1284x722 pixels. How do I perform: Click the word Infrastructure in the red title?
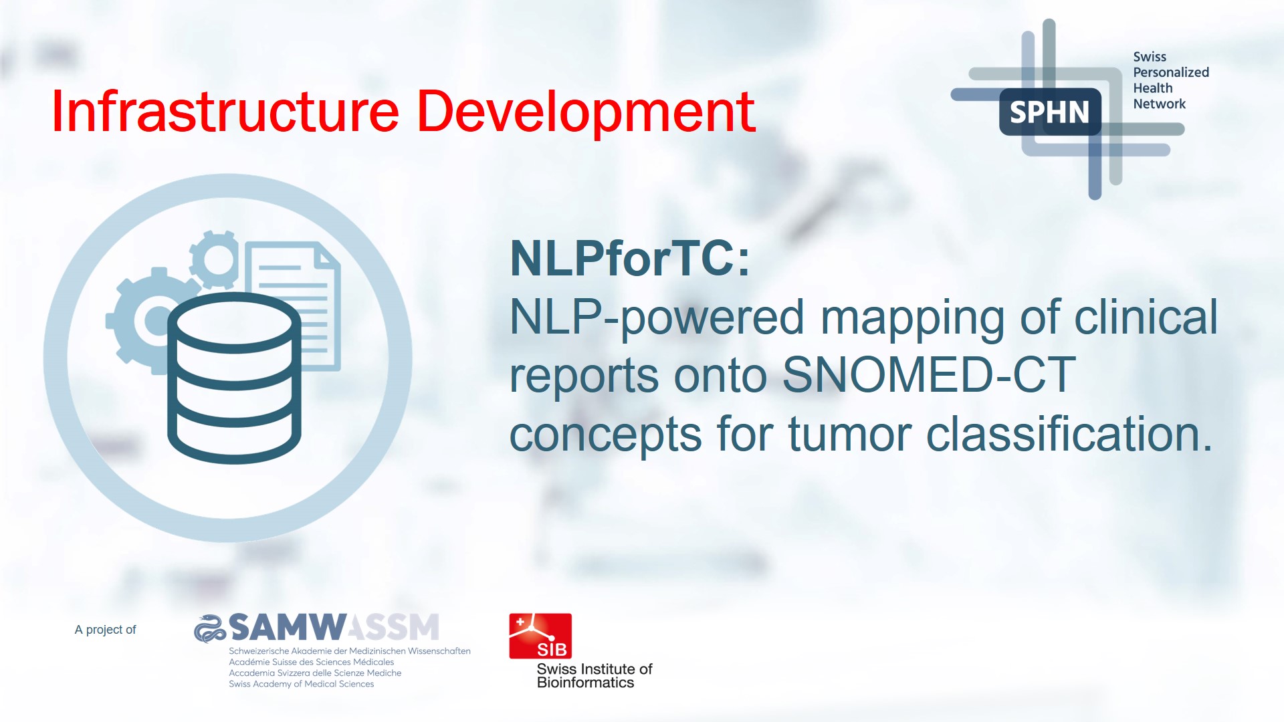(225, 111)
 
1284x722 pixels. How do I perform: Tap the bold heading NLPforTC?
(630, 258)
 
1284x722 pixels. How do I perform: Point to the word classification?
(1069, 434)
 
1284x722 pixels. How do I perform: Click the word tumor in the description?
(849, 435)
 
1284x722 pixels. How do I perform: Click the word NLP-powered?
(657, 318)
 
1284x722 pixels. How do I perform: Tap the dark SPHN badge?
(1050, 112)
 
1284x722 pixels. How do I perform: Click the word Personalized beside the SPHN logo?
(1171, 72)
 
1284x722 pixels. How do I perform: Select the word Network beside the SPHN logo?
(1159, 104)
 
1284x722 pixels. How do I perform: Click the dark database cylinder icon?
(234, 378)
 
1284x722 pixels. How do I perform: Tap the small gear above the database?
(214, 259)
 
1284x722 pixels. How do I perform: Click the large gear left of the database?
(144, 321)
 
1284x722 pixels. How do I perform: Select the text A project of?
(105, 630)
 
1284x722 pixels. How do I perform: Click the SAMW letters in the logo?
(287, 627)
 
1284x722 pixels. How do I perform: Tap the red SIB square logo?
(540, 636)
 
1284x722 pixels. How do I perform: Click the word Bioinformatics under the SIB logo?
(586, 683)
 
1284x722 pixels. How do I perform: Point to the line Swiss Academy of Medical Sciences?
(302, 684)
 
